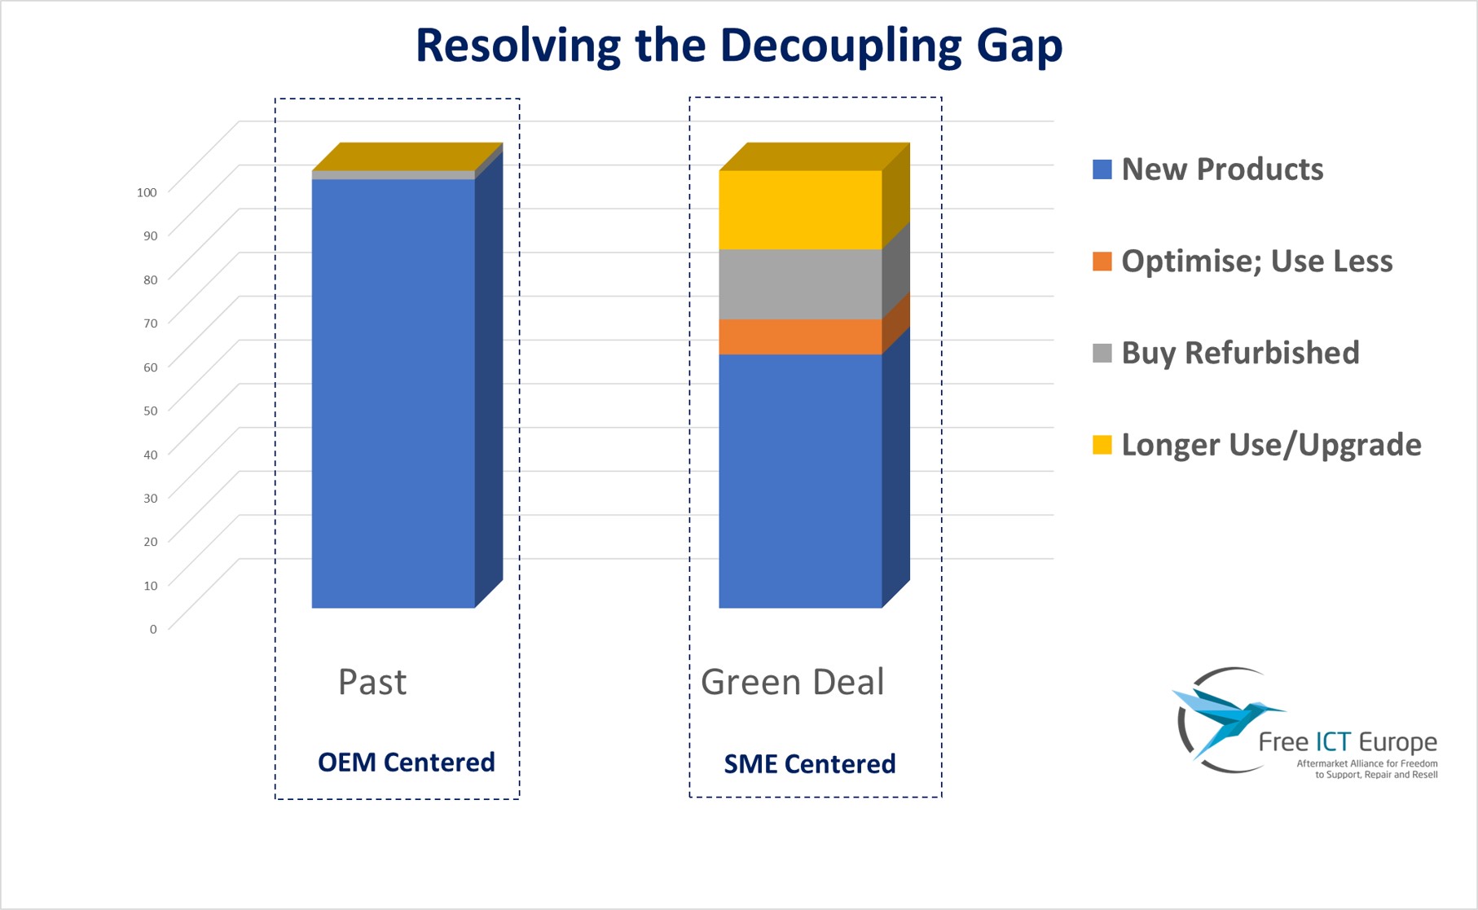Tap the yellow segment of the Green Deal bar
pyautogui.click(x=800, y=209)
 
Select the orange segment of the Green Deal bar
pyautogui.click(x=800, y=336)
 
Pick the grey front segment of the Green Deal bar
pyautogui.click(x=800, y=284)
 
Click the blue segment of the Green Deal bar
pyautogui.click(x=800, y=481)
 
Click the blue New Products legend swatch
pyautogui.click(x=1102, y=169)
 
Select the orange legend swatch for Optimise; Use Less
pyautogui.click(x=1102, y=262)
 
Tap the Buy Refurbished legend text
pyautogui.click(x=1240, y=353)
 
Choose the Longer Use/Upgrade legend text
pyautogui.click(x=1271, y=445)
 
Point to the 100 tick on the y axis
pyautogui.click(x=147, y=192)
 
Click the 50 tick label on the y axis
pyautogui.click(x=150, y=411)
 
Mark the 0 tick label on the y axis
pyautogui.click(x=153, y=629)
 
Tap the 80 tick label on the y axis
pyautogui.click(x=150, y=279)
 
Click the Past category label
pyautogui.click(x=372, y=682)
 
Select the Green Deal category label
pyautogui.click(x=792, y=682)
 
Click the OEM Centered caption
pyautogui.click(x=406, y=763)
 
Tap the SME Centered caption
pyautogui.click(x=810, y=764)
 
